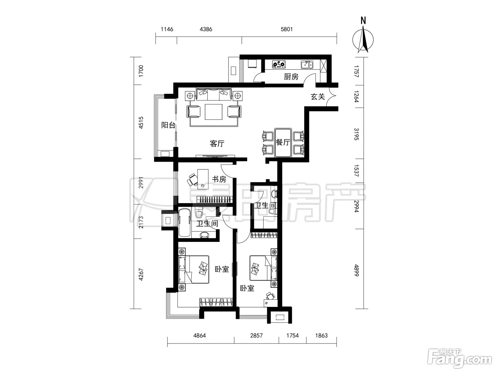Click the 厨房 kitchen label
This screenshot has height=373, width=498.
click(x=291, y=77)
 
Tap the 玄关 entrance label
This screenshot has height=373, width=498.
click(x=318, y=97)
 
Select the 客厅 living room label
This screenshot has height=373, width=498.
click(x=217, y=144)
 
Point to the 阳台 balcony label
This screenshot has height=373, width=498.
click(x=168, y=125)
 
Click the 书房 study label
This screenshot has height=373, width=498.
click(x=219, y=179)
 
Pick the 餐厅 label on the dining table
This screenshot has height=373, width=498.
click(x=283, y=142)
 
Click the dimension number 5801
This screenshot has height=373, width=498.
click(x=287, y=29)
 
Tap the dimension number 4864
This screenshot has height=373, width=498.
click(x=200, y=335)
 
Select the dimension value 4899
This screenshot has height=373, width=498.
click(x=356, y=270)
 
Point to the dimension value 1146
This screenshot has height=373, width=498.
click(x=167, y=29)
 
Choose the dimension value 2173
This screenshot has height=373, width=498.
click(x=141, y=222)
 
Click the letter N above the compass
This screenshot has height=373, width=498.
click(x=363, y=21)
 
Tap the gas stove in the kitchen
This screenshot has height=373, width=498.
click(x=279, y=64)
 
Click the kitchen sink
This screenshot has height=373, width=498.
click(x=307, y=64)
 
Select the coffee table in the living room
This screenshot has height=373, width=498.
click(x=213, y=112)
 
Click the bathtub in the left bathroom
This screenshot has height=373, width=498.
click(x=185, y=223)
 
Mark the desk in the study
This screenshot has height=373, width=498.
click(x=203, y=179)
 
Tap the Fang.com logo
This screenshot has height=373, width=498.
click(x=460, y=358)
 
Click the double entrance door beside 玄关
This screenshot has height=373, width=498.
click(x=331, y=97)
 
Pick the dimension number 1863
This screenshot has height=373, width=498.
click(x=321, y=335)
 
